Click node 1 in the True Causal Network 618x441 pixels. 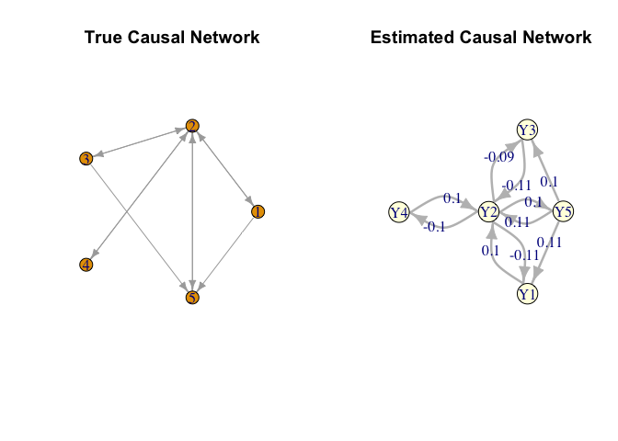pos(257,211)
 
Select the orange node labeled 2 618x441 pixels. pos(192,125)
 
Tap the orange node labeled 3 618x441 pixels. pos(86,159)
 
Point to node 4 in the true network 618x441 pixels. pos(86,265)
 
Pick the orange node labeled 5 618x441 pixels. pos(192,298)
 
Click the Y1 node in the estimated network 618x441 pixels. pos(527,294)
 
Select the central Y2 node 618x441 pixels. pos(489,213)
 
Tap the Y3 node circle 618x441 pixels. pos(527,130)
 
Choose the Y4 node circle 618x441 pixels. pos(398,213)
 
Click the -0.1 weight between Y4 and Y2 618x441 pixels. pos(434,227)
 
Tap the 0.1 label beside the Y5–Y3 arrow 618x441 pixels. pos(549,181)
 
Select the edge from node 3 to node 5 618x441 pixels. pos(138,227)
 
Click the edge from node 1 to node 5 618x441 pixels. pos(226,254)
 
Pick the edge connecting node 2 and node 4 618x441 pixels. pos(138,196)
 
